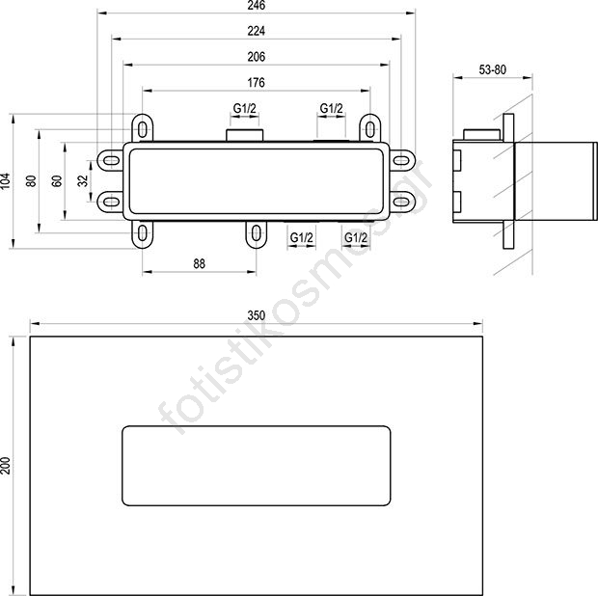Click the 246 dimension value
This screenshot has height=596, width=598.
(x=256, y=6)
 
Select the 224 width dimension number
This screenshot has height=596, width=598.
(x=256, y=31)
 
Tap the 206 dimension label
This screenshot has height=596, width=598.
(x=256, y=57)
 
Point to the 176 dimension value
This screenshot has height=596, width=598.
(x=256, y=82)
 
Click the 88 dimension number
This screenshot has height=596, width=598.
(x=199, y=263)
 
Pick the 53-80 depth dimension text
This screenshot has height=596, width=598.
(x=492, y=69)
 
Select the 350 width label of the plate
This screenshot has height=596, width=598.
(x=256, y=315)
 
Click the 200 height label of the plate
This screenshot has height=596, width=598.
(x=6, y=465)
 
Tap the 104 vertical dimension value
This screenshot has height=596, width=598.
(x=6, y=181)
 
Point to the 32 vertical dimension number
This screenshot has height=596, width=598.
(x=83, y=180)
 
